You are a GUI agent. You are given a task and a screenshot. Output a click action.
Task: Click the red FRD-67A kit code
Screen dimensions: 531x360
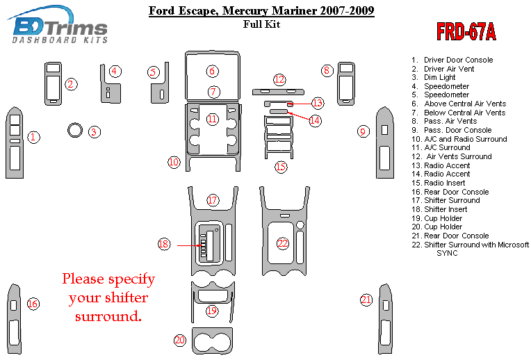(466, 31)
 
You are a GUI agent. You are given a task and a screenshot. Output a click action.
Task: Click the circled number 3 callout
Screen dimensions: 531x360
(94, 132)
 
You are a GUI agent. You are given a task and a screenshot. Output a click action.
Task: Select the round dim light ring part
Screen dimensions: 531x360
(75, 130)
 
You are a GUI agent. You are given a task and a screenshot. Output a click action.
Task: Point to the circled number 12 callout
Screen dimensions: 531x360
(279, 80)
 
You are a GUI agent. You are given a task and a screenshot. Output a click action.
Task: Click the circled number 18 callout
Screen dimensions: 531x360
(163, 244)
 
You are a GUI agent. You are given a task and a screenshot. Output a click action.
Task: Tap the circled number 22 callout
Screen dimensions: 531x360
(282, 243)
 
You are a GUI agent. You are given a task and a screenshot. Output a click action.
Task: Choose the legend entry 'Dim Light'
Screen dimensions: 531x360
(433, 77)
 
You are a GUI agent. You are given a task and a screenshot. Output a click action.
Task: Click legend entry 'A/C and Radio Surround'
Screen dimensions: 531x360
(459, 139)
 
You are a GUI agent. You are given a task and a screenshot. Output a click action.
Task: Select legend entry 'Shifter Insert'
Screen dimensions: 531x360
(439, 209)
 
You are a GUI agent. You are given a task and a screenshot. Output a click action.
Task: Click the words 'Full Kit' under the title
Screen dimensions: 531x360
(261, 24)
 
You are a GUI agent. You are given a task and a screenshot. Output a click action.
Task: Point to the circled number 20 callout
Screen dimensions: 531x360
(180, 340)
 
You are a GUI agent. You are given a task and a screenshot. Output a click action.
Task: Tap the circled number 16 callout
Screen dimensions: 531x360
(33, 304)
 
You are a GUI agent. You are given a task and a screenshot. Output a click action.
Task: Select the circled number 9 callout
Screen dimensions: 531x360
(363, 131)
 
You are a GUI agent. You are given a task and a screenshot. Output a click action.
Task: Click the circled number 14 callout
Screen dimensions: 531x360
(315, 120)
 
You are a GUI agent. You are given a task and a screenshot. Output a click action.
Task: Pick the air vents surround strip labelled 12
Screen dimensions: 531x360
(278, 92)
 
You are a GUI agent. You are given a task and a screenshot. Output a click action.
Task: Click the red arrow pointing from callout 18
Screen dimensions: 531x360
(188, 245)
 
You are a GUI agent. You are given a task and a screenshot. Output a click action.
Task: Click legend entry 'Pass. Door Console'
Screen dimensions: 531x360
(451, 130)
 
